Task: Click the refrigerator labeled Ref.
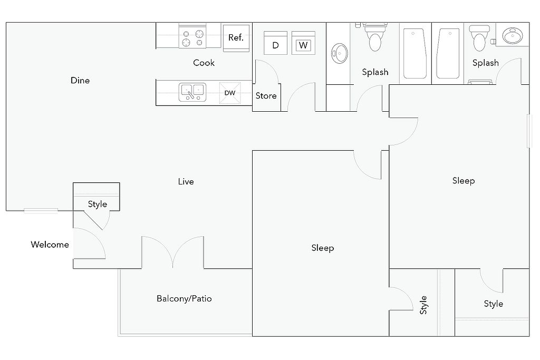click(236, 38)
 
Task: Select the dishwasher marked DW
click(230, 93)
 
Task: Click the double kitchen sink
click(192, 92)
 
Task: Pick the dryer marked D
click(275, 43)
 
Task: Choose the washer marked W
click(303, 43)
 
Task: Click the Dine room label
click(80, 80)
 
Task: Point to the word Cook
click(204, 63)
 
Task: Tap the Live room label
click(186, 181)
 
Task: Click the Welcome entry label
click(50, 245)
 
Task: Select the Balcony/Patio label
click(184, 298)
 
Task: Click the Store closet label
click(266, 96)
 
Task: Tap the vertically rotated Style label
click(423, 305)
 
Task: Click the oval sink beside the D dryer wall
click(340, 53)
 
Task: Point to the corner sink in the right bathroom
click(513, 35)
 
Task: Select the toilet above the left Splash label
click(375, 37)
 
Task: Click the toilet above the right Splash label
click(479, 38)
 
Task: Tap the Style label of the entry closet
click(98, 204)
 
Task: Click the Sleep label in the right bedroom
click(464, 181)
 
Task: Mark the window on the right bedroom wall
click(529, 131)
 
